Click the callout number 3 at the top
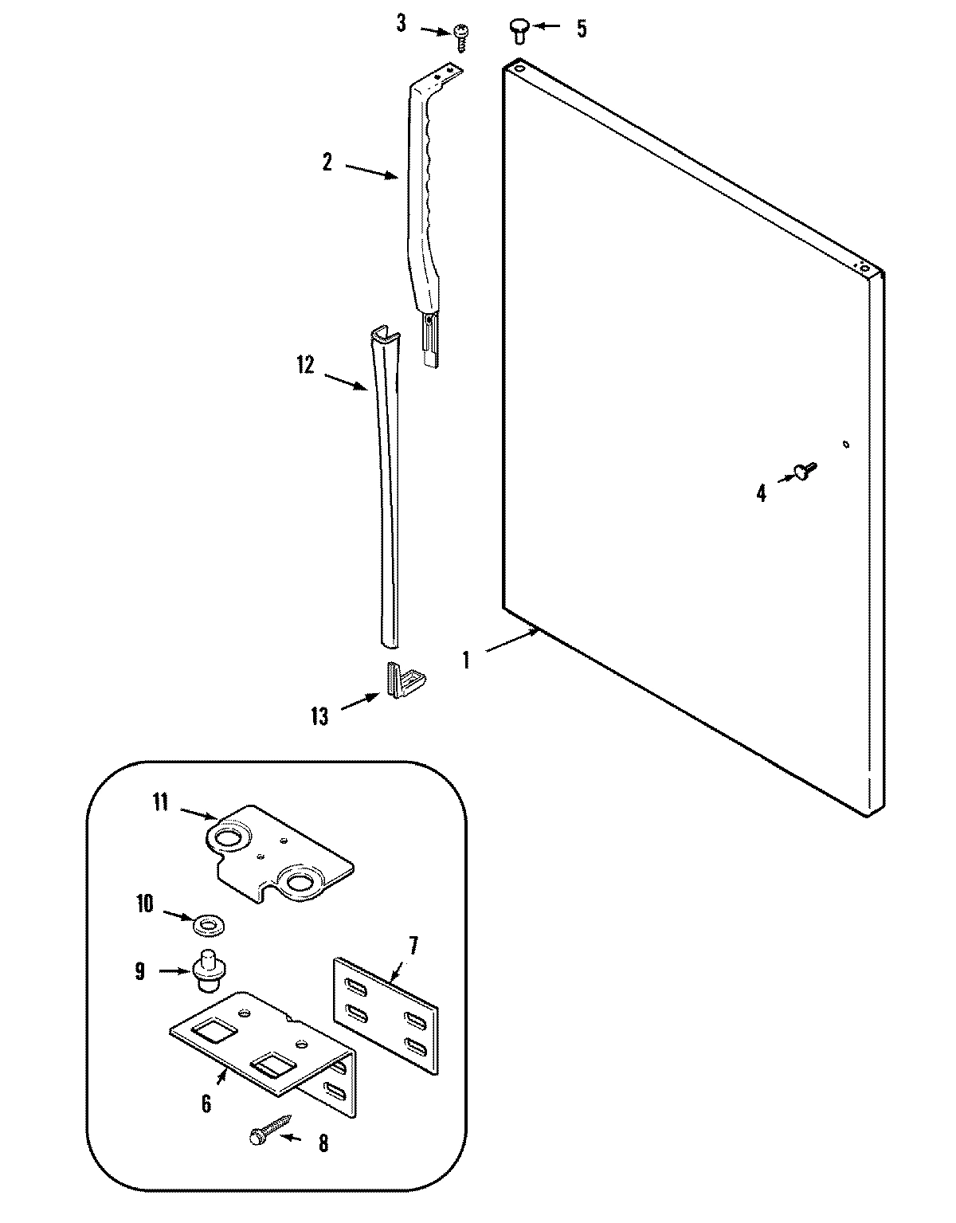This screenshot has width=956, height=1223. [x=401, y=24]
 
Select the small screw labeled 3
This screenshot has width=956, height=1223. [x=460, y=33]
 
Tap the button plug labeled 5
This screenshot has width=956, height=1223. [x=518, y=31]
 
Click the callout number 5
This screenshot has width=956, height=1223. [x=582, y=29]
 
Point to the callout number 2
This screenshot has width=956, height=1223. [x=327, y=162]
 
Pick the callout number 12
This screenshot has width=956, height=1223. [x=305, y=365]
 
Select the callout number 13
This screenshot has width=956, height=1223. [x=319, y=716]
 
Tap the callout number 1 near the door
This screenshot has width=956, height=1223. [x=466, y=660]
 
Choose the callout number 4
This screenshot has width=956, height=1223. [x=761, y=494]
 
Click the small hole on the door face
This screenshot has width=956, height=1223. [x=846, y=445]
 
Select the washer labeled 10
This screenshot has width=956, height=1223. [x=210, y=925]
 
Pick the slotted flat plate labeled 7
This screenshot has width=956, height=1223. [x=385, y=1016]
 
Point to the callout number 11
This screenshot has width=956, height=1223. [x=160, y=802]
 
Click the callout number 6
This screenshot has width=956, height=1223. [x=206, y=1103]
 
